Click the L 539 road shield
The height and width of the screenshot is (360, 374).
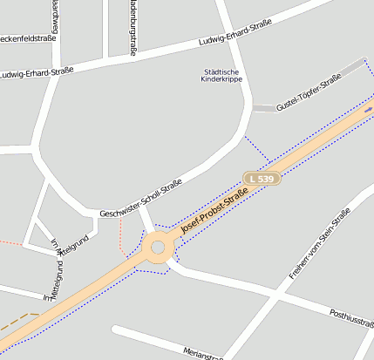[x=262, y=179]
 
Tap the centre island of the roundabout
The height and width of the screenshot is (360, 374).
[x=158, y=248]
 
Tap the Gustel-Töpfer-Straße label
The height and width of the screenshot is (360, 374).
[x=308, y=94]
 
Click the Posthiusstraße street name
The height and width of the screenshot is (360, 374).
[x=352, y=317]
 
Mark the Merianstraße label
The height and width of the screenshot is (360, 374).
[x=204, y=352]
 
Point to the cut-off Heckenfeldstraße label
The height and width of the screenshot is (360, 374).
[x=27, y=38]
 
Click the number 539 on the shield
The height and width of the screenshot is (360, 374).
[x=266, y=179]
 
